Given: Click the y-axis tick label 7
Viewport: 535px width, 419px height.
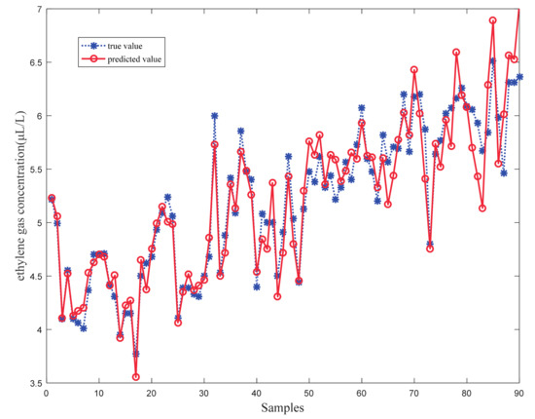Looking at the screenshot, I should tap(37, 9).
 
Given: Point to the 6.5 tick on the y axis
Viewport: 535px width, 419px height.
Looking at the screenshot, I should tap(33, 62).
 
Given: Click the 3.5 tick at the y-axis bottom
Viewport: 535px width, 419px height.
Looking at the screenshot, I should tap(33, 384).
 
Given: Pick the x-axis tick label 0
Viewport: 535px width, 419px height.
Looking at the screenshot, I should tap(46, 393).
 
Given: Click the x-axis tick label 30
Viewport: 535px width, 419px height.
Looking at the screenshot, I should tap(203, 393).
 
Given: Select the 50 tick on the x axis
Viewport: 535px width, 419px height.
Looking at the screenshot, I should tap(309, 393).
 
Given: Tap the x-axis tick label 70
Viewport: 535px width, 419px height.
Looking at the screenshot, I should tap(414, 393).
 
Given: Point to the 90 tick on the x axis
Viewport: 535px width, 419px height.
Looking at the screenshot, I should tap(519, 393).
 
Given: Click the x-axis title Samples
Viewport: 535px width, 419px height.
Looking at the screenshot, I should tap(283, 408).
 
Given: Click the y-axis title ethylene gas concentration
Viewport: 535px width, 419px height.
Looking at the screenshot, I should tap(14, 196).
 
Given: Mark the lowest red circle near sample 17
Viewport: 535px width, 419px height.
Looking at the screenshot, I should tap(135, 377).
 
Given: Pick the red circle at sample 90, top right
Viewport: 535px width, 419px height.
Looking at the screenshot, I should tap(519, 9).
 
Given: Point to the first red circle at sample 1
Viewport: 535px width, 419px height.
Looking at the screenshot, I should tap(52, 199).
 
